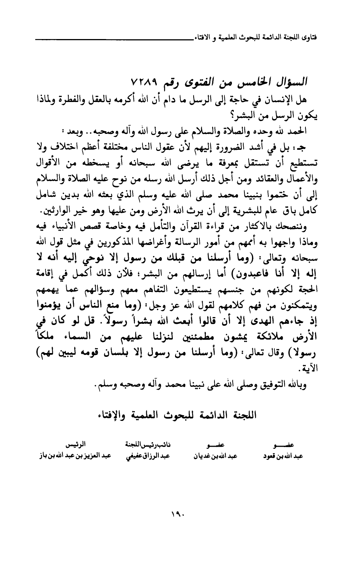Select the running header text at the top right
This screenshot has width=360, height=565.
pyautogui.click(x=257, y=38)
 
